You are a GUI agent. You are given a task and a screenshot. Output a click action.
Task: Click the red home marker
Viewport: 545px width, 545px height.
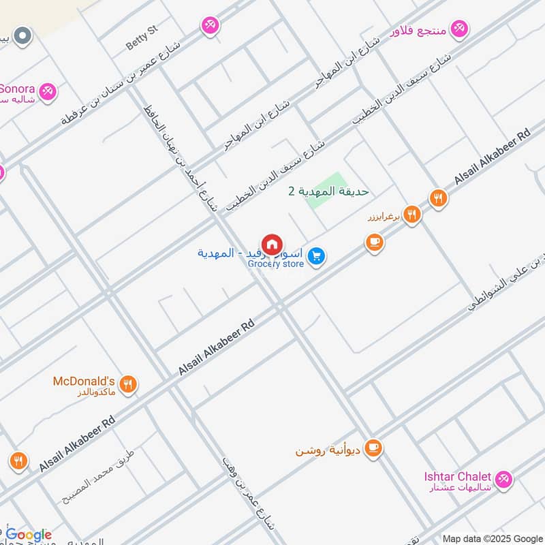(x=272, y=244)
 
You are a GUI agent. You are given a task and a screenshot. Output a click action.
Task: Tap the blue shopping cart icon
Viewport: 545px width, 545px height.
(x=315, y=256)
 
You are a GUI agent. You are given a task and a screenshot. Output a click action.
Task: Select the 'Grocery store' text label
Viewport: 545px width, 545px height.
(x=275, y=264)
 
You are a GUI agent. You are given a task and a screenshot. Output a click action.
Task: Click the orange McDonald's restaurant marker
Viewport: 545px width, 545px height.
(x=127, y=386)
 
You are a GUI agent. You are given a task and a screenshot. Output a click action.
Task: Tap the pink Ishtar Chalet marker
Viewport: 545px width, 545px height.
(x=503, y=480)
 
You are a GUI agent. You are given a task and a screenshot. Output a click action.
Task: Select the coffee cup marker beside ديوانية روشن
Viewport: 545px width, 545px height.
(x=373, y=448)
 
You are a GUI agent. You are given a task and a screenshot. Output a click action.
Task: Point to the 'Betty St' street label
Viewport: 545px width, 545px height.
(x=142, y=45)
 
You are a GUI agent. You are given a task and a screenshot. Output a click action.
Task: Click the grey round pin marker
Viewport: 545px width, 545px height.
(x=23, y=35)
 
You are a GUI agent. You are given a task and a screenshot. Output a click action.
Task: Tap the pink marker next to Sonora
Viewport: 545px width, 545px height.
(x=47, y=91)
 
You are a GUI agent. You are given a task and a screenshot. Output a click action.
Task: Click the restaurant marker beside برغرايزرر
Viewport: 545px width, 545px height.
(x=411, y=215)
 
